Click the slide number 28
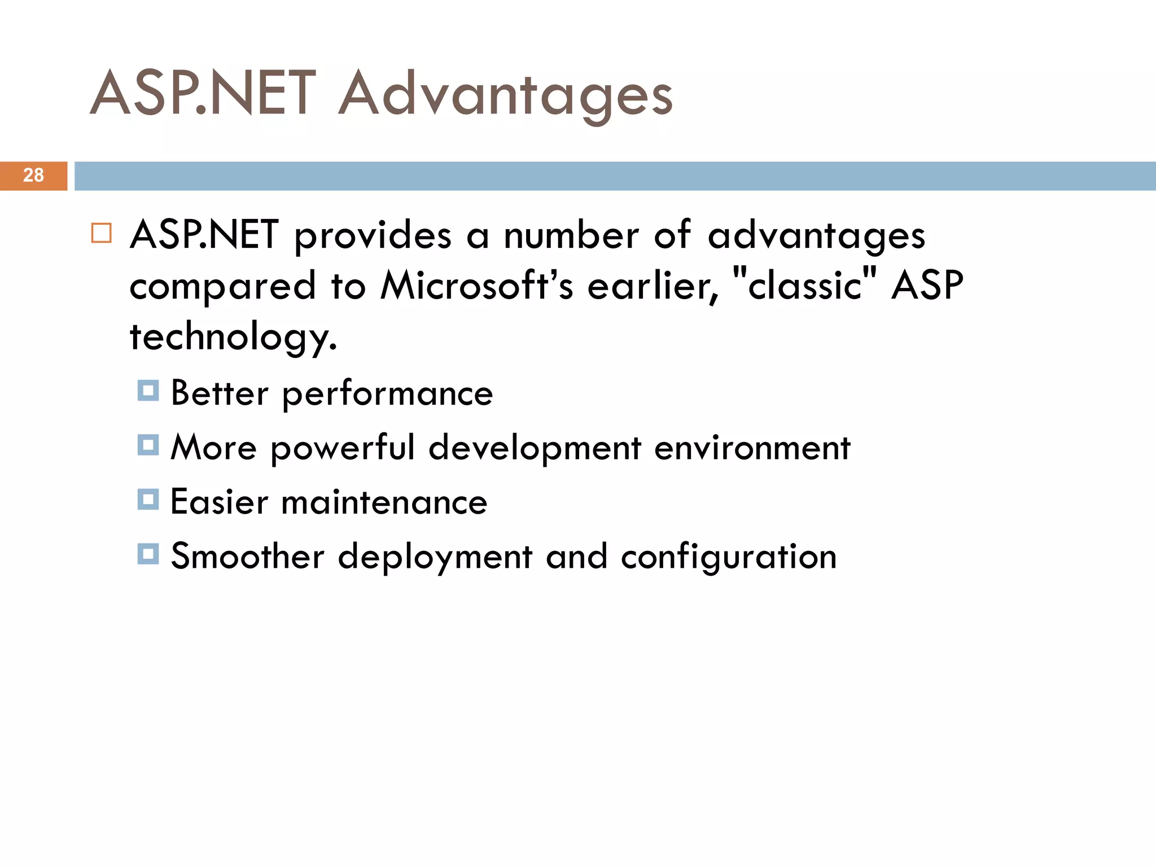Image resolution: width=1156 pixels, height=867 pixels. [33, 176]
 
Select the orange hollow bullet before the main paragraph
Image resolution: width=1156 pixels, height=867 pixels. [102, 233]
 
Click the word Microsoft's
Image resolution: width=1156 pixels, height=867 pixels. [477, 286]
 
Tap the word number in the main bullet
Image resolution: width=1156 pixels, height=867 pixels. [571, 235]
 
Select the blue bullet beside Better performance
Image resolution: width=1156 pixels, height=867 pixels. [148, 391]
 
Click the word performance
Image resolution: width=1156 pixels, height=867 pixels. [387, 394]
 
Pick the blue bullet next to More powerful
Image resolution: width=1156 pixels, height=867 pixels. [148, 445]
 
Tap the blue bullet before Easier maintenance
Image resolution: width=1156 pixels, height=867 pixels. [148, 500]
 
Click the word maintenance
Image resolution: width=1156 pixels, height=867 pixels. [384, 502]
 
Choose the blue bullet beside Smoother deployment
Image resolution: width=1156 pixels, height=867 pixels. [148, 554]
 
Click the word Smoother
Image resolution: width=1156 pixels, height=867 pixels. [247, 557]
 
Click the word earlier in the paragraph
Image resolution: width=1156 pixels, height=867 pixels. [653, 286]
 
